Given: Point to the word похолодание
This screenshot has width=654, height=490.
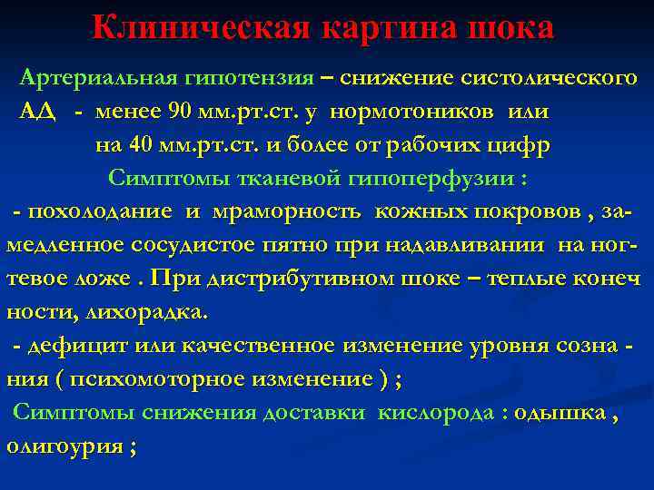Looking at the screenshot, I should coord(100,211).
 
